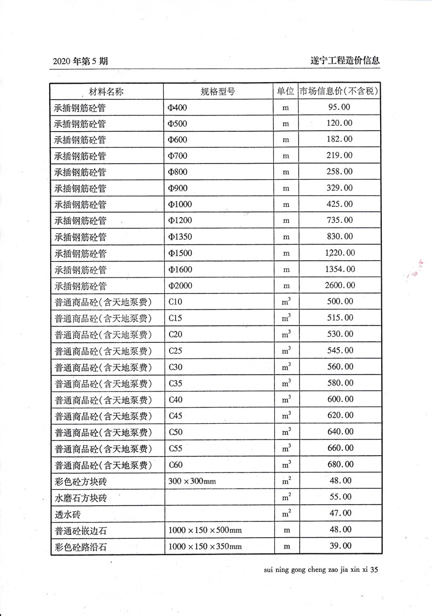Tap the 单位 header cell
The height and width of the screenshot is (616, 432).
(286, 91)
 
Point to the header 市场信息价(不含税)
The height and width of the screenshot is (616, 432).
(339, 91)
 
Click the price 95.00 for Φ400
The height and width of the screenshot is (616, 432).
(339, 107)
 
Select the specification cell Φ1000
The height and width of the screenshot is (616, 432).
(180, 205)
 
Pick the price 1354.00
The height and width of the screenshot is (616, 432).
(340, 269)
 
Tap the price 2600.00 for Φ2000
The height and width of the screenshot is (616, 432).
(340, 285)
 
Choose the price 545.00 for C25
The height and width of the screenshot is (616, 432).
(340, 350)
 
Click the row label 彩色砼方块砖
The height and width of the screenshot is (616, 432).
(80, 481)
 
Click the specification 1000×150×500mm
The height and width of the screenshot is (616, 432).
(205, 530)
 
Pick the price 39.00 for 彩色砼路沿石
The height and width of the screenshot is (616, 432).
(340, 546)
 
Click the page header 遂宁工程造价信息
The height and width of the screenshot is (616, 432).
(342, 60)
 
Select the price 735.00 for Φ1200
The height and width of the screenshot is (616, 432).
(340, 220)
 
